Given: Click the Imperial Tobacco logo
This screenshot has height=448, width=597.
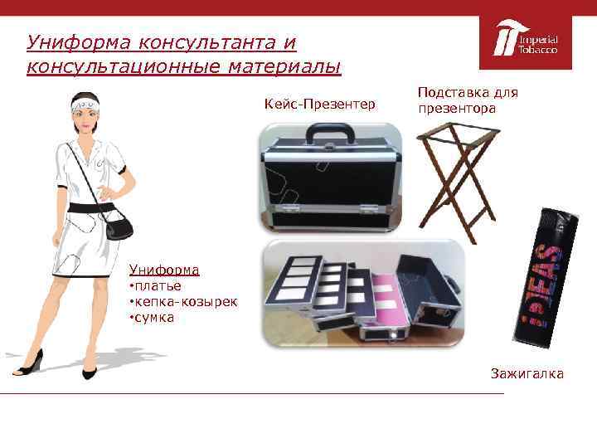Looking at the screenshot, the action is coord(526,42).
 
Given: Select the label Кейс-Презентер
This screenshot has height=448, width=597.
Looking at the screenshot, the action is coord(320,104).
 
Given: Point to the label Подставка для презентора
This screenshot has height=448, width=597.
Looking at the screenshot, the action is coord(468,100).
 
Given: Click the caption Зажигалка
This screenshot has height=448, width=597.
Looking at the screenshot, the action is coord(527,373).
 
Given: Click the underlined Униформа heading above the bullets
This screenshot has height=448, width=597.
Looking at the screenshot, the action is coord(164,270).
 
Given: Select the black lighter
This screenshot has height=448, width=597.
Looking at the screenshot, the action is coord(546,278).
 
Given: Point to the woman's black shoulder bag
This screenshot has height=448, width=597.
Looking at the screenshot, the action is coord(119,227).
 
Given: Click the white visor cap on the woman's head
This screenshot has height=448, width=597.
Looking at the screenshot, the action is coord(85,104).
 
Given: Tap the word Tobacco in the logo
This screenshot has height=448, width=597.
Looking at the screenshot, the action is coord(537,51).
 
